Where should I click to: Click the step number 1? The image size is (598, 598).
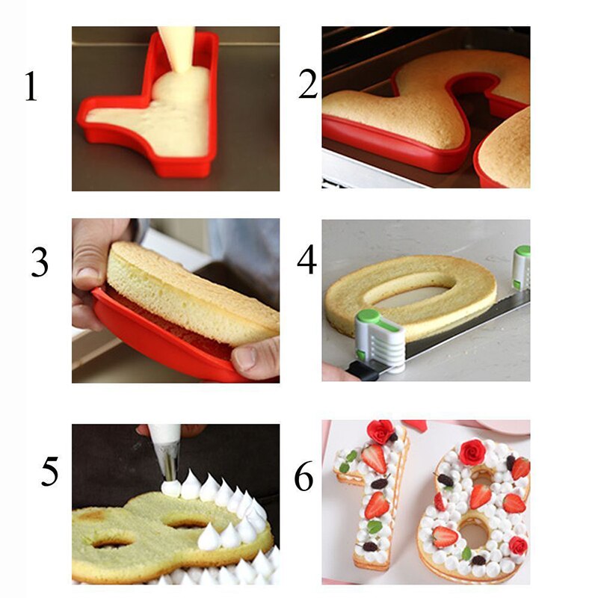point(30,87)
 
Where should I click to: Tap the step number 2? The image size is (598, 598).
point(308,84)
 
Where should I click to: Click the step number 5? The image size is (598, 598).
point(49,472)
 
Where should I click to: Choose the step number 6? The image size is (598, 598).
point(303,477)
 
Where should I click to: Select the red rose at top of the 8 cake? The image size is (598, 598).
point(472,451)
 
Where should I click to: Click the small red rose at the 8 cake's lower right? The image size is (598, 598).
point(517,546)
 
